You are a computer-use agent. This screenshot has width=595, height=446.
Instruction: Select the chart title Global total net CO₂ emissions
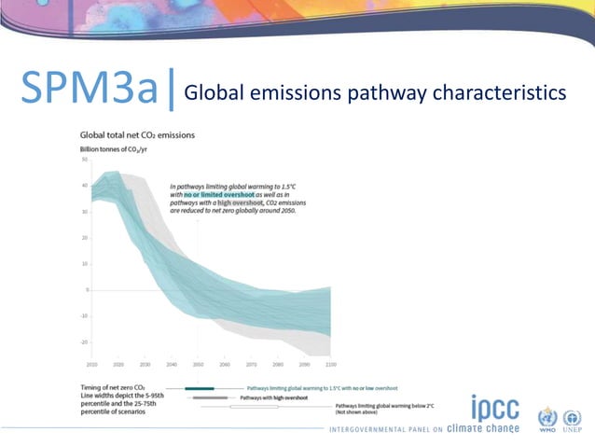(137, 135)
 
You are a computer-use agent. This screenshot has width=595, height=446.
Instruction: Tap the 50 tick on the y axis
(84, 160)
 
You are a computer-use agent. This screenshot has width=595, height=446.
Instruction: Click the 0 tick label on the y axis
(86, 290)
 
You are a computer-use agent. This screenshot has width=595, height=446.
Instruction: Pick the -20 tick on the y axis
(84, 342)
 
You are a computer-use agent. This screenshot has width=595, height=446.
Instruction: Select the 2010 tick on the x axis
(91, 363)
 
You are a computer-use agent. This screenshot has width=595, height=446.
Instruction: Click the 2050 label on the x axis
(198, 363)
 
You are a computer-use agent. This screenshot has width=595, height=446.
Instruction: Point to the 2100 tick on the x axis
(330, 363)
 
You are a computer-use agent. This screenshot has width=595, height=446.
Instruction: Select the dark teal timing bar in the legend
(200, 387)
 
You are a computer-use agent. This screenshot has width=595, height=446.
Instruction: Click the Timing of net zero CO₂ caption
(113, 387)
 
